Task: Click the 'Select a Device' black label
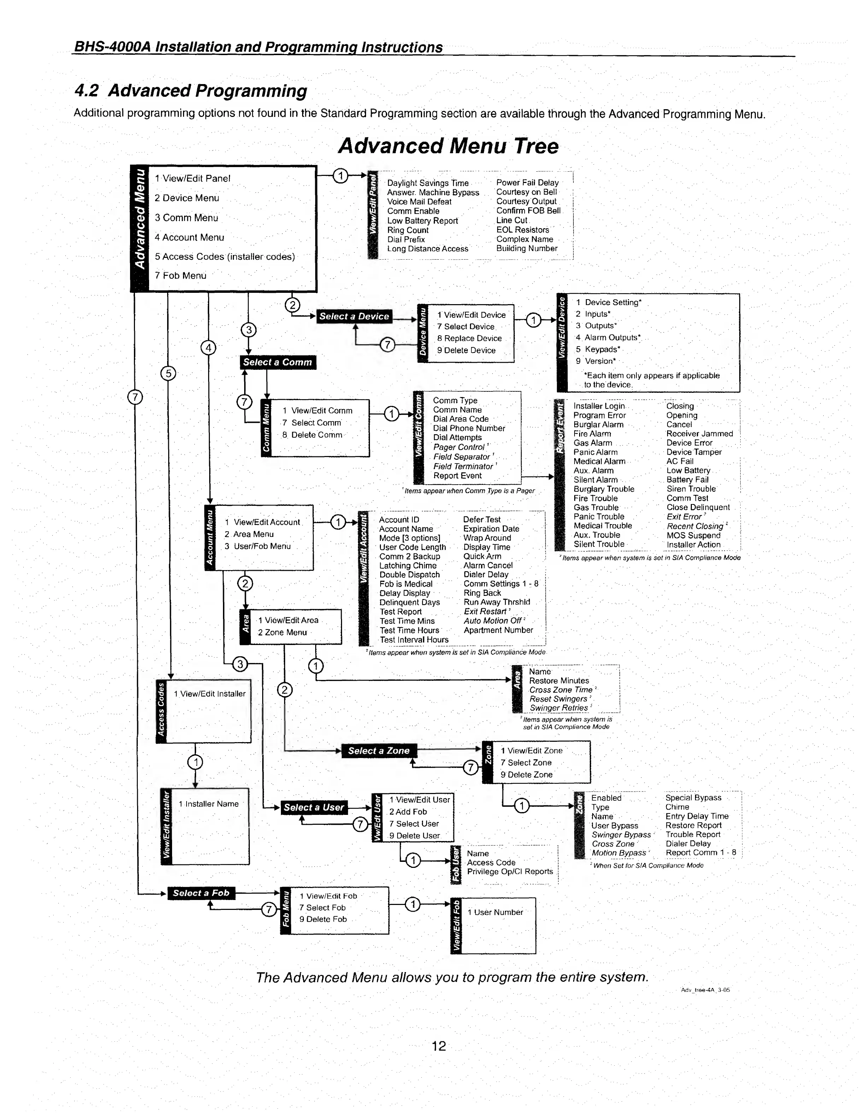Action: [x=354, y=316]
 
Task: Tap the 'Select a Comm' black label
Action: [x=278, y=362]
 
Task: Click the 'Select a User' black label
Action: [x=314, y=807]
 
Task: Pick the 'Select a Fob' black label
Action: [x=201, y=893]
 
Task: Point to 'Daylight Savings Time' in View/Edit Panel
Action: [x=428, y=183]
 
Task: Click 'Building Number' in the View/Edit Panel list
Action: [x=527, y=249]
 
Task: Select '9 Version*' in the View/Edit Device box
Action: [x=595, y=361]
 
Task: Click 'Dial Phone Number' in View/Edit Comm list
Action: [x=469, y=428]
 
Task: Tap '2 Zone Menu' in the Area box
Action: [x=282, y=633]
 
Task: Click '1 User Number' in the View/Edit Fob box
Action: [x=495, y=912]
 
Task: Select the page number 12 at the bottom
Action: [x=439, y=1046]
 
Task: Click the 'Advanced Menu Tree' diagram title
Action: [x=448, y=146]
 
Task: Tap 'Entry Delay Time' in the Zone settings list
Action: [x=697, y=816]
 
